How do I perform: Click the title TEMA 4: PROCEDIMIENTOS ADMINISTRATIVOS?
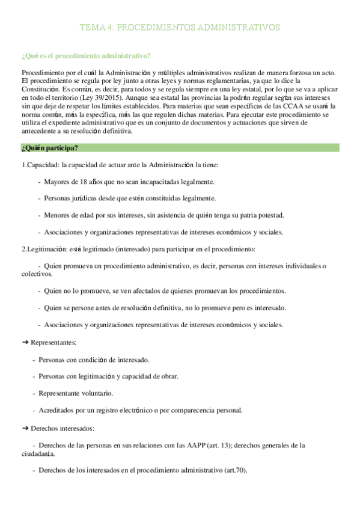(x=180, y=28)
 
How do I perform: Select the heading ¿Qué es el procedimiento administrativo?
(x=85, y=56)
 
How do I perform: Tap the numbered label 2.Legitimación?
(x=39, y=248)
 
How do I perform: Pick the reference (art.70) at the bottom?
(x=234, y=470)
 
